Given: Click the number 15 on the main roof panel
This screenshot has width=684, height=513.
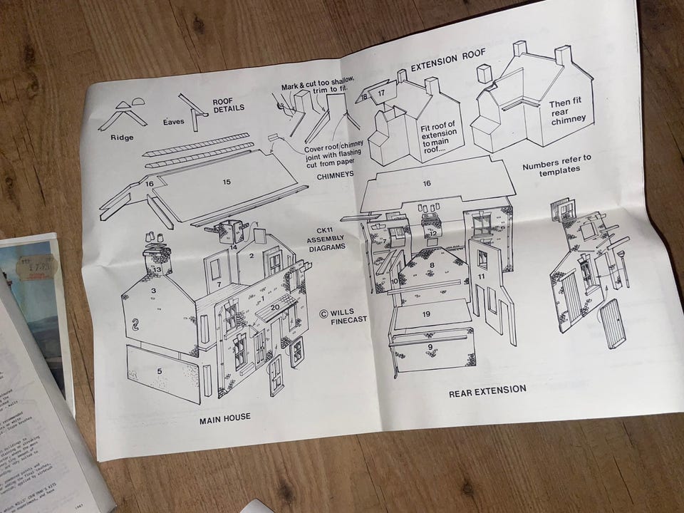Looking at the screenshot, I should [227, 182].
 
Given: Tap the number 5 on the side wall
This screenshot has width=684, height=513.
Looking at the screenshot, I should [160, 370].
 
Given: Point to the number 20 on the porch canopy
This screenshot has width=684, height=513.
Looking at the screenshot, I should [274, 307].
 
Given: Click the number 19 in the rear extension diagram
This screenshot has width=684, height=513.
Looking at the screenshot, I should [426, 313].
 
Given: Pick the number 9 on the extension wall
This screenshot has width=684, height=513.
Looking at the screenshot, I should [430, 347].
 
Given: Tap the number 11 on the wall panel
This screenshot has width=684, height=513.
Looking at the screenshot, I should [482, 276].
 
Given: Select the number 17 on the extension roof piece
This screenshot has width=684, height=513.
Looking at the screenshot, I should [383, 93].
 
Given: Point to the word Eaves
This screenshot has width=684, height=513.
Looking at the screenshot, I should [174, 122].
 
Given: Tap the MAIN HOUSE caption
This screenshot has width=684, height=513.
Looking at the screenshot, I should [225, 417].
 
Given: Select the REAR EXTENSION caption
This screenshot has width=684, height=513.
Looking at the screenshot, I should [487, 390].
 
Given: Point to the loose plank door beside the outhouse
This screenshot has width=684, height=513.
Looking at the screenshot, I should [613, 322].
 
